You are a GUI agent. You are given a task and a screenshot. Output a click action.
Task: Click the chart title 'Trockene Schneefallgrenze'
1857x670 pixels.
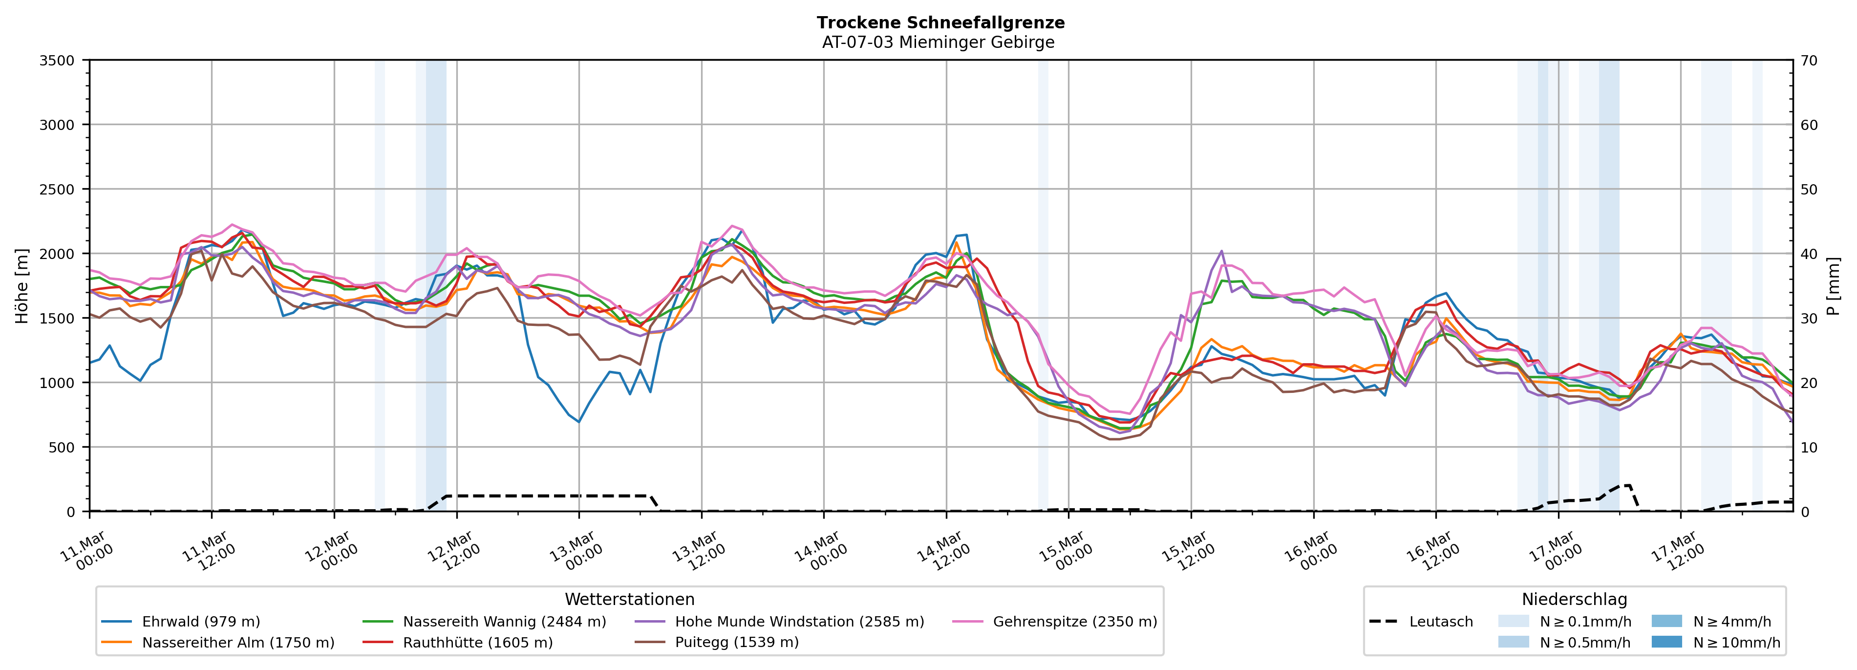pos(940,22)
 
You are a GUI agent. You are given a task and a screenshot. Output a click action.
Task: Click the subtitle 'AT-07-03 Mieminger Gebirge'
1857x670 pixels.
pos(938,43)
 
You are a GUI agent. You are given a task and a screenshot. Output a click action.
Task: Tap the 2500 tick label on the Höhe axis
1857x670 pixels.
pos(57,190)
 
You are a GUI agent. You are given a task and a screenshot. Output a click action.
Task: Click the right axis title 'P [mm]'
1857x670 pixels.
pos(1833,286)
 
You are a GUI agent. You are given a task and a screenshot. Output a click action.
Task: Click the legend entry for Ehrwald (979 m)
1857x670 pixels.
pos(200,622)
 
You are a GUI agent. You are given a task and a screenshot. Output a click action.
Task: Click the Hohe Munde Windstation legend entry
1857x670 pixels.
pos(799,622)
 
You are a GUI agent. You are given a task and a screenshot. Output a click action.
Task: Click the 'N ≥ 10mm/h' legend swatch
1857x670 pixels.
pos(1666,642)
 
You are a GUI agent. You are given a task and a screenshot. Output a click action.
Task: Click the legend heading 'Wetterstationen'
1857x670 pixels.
pos(629,599)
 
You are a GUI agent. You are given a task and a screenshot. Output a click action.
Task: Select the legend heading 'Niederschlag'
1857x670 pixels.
pos(1575,599)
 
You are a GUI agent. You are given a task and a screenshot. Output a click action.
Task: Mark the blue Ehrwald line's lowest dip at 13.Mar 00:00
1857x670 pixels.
pos(578,422)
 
